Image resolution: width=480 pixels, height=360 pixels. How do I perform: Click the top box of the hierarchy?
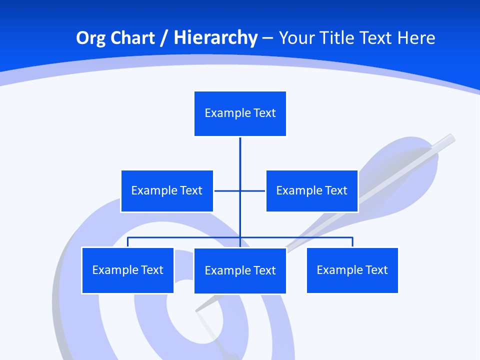240,113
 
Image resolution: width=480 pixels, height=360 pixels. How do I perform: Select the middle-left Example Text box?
166,190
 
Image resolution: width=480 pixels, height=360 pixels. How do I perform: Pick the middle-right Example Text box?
311,190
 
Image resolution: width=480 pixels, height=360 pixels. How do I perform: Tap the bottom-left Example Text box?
127,270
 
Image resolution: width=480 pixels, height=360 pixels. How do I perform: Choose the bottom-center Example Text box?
240,270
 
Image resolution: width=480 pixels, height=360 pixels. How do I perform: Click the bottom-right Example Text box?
352,270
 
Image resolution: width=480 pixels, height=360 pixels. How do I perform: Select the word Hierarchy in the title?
215,38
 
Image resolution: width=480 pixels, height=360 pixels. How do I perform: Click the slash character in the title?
165,38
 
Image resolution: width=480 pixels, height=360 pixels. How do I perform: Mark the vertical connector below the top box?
240,155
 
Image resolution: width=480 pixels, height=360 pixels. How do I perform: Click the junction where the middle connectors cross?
240,190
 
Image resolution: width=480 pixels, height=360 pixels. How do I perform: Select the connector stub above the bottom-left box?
127,242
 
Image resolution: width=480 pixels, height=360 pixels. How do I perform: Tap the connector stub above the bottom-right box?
352,242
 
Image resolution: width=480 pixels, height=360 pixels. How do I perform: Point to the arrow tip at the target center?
198,309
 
